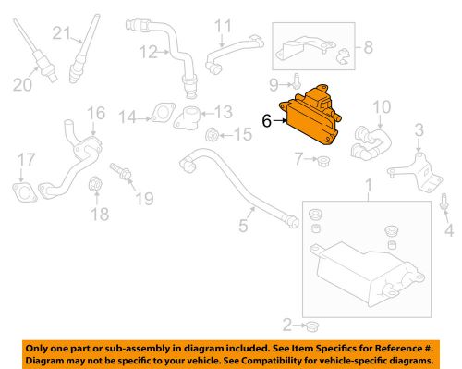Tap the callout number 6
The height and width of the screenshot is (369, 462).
click(x=267, y=119)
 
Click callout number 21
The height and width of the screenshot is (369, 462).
click(x=61, y=34)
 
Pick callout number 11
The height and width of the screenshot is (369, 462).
click(x=222, y=25)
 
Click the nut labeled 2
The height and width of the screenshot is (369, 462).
click(x=313, y=326)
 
